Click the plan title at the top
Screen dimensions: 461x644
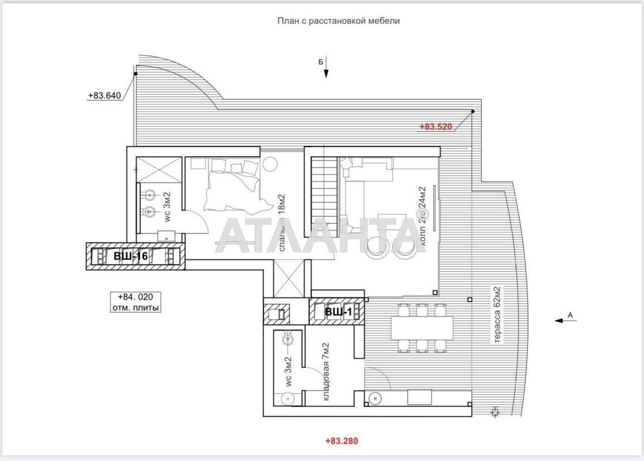[x=338, y=21]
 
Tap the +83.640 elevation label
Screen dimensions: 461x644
[x=104, y=96]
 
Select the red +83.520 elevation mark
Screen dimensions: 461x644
[x=435, y=127]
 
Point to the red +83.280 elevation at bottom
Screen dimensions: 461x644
[x=342, y=441]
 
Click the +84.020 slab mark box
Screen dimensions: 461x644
[x=135, y=302]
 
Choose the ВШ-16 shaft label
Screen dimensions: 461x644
[x=131, y=257]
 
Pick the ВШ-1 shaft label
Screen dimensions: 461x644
[x=338, y=312]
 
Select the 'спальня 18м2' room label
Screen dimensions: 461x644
[x=283, y=222]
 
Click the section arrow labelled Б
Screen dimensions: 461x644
[x=326, y=66]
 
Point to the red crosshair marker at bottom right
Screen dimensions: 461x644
[x=495, y=411]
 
